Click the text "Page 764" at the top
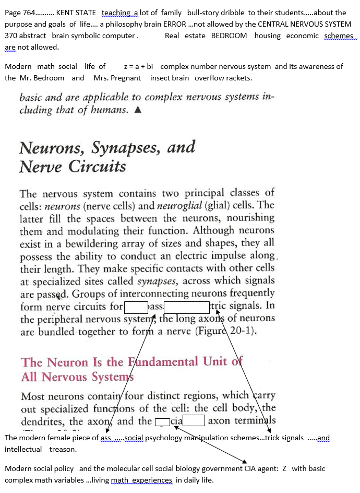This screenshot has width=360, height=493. pos(19,13)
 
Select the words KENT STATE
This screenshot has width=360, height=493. pos(76,13)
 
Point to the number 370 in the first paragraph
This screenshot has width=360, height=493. pos(11,36)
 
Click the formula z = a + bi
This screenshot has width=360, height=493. pos(138,66)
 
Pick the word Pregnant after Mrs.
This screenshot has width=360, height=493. pos(125,78)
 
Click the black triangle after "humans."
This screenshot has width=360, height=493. pos(138,110)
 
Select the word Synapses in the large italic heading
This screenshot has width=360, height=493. pos(126,148)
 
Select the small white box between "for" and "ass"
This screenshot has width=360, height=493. pos(136,307)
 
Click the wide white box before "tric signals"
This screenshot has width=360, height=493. pos(186,307)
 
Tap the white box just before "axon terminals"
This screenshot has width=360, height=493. pos(193,421)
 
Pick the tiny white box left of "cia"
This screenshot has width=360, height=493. pos(163,421)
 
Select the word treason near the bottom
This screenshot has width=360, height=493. pos(63,449)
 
